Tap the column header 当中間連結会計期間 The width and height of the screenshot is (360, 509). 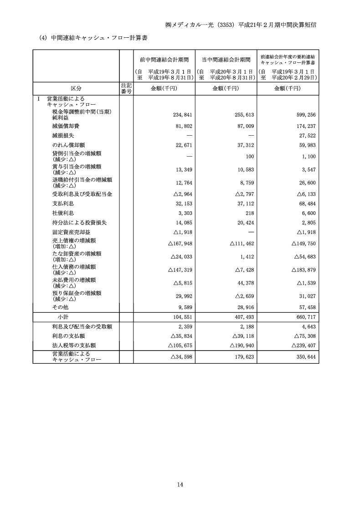(x=226, y=60)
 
